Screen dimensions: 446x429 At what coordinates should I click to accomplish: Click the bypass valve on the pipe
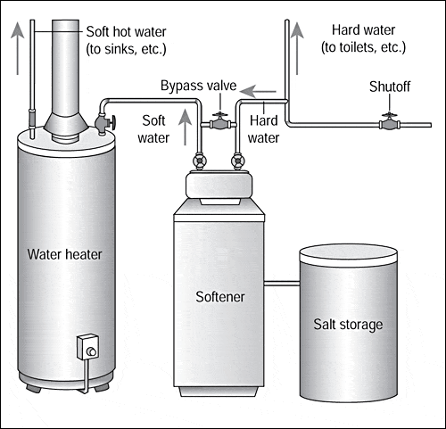click(x=219, y=122)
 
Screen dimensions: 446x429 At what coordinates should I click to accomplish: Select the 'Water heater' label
click(x=64, y=254)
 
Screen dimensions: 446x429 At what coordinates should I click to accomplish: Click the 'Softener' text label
click(x=220, y=297)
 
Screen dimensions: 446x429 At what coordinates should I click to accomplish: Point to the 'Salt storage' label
click(x=348, y=325)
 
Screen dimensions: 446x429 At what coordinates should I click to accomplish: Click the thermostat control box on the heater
click(x=87, y=347)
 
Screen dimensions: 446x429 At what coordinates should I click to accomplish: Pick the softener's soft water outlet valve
click(x=199, y=161)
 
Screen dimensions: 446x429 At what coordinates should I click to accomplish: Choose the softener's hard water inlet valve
click(x=237, y=161)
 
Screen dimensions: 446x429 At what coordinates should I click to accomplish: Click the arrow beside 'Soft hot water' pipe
click(x=18, y=48)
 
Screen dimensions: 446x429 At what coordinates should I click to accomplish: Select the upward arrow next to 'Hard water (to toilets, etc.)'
click(x=297, y=48)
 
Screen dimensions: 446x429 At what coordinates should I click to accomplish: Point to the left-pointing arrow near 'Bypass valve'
click(x=258, y=92)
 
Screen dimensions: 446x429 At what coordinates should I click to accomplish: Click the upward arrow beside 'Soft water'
click(x=186, y=128)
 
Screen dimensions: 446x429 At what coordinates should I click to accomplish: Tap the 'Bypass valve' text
click(x=198, y=86)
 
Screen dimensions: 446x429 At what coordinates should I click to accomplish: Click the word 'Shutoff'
click(x=390, y=87)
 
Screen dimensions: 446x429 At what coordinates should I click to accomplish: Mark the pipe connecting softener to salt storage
click(x=282, y=284)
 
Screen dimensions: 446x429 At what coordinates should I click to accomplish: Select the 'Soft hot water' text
click(x=126, y=32)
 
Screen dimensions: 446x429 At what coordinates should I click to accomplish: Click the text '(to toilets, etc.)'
click(x=363, y=47)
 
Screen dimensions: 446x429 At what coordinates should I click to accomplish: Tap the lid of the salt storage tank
click(x=348, y=255)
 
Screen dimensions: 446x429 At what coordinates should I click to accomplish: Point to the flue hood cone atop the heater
click(x=66, y=123)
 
